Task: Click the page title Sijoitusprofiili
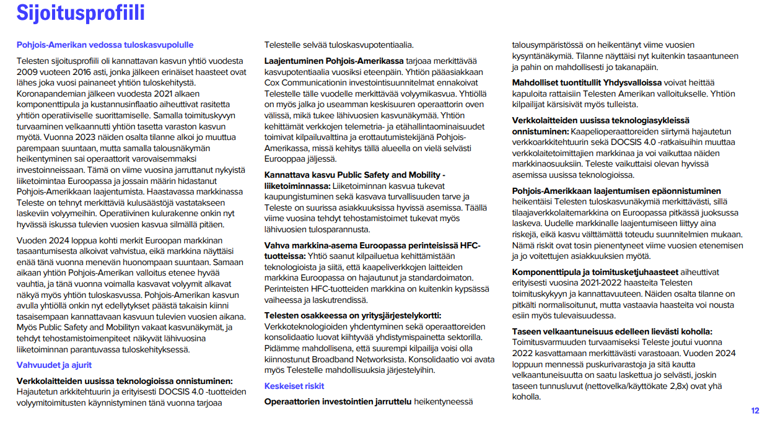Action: (81, 12)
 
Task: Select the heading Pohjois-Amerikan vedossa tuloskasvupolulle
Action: (105, 45)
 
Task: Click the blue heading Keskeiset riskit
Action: (294, 386)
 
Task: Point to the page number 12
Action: (755, 411)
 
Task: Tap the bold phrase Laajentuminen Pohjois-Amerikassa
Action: (334, 61)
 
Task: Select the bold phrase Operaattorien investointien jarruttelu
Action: (338, 402)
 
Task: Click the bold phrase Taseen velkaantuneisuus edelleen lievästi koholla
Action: (612, 331)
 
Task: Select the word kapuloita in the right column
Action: (530, 93)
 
